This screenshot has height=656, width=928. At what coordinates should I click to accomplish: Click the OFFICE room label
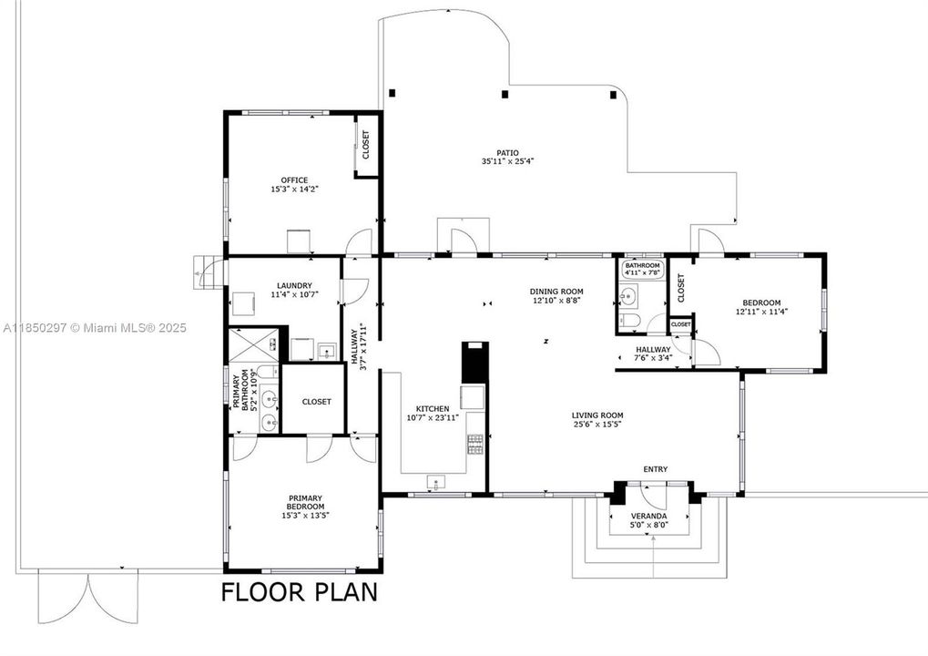tap(294, 180)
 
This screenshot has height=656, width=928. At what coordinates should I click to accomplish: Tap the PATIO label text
tap(508, 153)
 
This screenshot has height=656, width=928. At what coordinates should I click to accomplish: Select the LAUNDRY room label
tap(294, 285)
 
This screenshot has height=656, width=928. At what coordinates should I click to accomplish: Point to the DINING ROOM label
tap(556, 292)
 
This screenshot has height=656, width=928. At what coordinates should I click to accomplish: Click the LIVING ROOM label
tap(597, 415)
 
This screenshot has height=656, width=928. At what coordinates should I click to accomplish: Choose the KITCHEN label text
tap(432, 408)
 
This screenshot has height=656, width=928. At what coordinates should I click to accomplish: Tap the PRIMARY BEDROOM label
tap(305, 503)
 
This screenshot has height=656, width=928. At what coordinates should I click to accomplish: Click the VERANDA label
tap(648, 516)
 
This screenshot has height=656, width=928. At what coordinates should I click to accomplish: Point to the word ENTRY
tap(655, 469)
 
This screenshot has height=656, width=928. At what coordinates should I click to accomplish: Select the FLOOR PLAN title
tap(300, 592)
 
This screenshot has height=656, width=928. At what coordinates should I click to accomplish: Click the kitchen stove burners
tap(475, 445)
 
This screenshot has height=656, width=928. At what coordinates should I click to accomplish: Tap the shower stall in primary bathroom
tap(254, 345)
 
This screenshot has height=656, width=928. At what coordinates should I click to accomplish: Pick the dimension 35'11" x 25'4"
tap(508, 161)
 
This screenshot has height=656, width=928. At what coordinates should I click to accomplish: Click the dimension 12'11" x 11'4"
tap(761, 312)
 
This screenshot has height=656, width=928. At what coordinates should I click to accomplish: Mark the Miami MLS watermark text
tap(95, 327)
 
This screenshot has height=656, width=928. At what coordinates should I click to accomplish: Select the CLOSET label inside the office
tap(365, 145)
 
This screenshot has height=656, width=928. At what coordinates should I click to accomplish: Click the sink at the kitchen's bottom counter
tap(436, 483)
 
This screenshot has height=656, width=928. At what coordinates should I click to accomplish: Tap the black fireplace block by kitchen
tap(474, 362)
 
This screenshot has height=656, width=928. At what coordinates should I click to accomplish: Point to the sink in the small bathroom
tap(628, 295)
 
